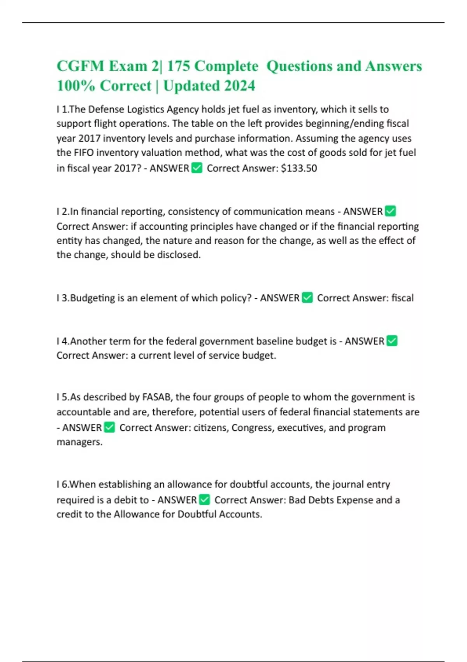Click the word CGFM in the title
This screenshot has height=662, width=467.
pyautogui.click(x=80, y=66)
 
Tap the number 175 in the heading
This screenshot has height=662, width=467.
pyautogui.click(x=178, y=66)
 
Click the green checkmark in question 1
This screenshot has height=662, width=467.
pyautogui.click(x=197, y=168)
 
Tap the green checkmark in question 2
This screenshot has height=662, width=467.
pyautogui.click(x=390, y=211)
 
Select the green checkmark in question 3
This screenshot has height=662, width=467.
pyautogui.click(x=307, y=298)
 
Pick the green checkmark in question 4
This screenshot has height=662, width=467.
pyautogui.click(x=392, y=341)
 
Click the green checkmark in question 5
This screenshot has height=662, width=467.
pyautogui.click(x=110, y=427)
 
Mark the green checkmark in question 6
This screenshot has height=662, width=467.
pyautogui.click(x=204, y=500)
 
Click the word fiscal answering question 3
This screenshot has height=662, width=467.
pyautogui.click(x=402, y=298)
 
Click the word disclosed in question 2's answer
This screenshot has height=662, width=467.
pyautogui.click(x=179, y=255)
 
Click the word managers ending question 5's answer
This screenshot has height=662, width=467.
pyautogui.click(x=79, y=442)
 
